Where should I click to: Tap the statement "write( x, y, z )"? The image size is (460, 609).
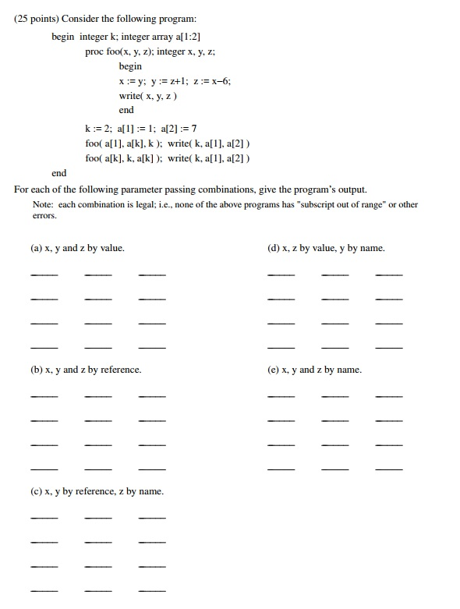click(148, 95)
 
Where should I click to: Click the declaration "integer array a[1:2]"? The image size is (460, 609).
click(160, 37)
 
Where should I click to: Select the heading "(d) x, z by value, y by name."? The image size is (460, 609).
click(326, 248)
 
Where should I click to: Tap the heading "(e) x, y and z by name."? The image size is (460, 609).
click(314, 370)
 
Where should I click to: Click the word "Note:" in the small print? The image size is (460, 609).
click(42, 204)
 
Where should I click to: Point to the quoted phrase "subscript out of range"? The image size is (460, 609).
click(343, 204)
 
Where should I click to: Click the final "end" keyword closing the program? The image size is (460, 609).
click(58, 173)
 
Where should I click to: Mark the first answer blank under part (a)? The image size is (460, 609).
click(44, 274)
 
